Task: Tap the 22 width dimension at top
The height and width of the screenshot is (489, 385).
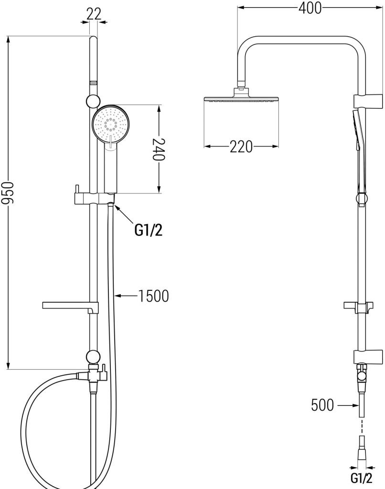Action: [x=94, y=14]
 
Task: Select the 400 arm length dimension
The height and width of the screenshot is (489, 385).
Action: [x=310, y=8]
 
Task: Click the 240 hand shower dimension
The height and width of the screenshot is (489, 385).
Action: [x=159, y=150]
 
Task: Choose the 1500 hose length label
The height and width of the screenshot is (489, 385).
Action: [x=153, y=296]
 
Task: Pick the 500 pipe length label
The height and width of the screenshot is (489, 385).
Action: [x=322, y=405]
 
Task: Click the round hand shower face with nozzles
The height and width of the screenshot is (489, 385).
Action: [x=110, y=124]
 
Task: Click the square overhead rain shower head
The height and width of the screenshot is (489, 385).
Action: [x=241, y=99]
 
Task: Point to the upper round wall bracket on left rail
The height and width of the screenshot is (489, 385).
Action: [x=93, y=101]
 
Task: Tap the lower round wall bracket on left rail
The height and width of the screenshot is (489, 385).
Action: [x=93, y=356]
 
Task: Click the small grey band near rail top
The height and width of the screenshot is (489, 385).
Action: [x=93, y=83]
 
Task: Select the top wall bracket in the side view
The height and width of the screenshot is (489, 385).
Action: [x=368, y=101]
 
